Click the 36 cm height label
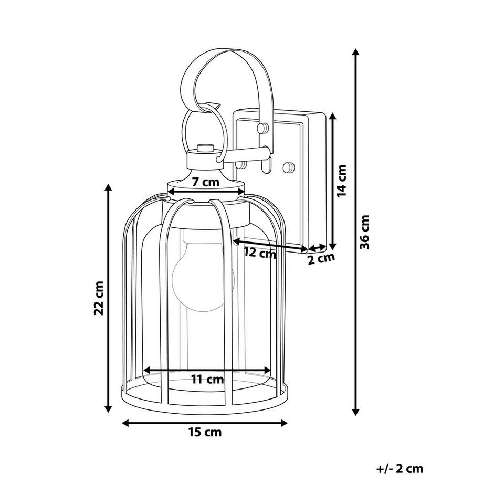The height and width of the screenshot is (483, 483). tap(366, 232)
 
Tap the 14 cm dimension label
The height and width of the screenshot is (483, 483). tap(342, 181)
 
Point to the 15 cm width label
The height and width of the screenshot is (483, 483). tap(205, 433)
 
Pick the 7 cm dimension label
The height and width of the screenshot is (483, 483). tap(205, 183)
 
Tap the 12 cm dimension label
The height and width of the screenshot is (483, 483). tap(260, 253)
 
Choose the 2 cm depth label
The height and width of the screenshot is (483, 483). tap(321, 258)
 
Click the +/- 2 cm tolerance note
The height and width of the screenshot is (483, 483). tap(400, 469)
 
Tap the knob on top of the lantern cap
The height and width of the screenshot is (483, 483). tap(204, 148)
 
